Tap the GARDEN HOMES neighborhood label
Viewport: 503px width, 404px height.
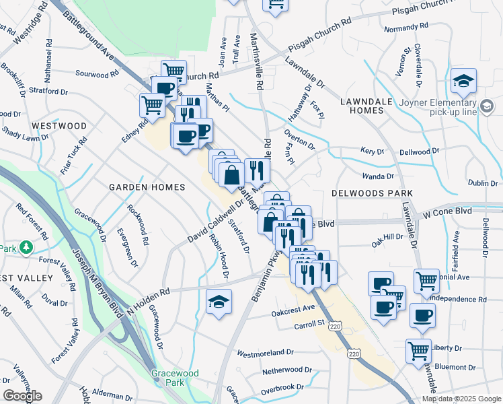pos(147,187)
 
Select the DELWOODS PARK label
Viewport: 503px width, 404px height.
pos(372,193)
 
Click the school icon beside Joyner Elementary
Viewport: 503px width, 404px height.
pos(463,81)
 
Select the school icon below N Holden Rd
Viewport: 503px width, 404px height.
pos(219,302)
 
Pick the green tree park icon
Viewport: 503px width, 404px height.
pos(26,248)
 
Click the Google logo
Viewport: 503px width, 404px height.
pos(22,396)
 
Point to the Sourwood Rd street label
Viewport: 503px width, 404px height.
pos(96,73)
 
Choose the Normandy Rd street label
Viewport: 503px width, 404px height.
pos(405,28)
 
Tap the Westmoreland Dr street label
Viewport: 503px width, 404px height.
pos(265,352)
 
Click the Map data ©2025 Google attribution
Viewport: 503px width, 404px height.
pos(460,399)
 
